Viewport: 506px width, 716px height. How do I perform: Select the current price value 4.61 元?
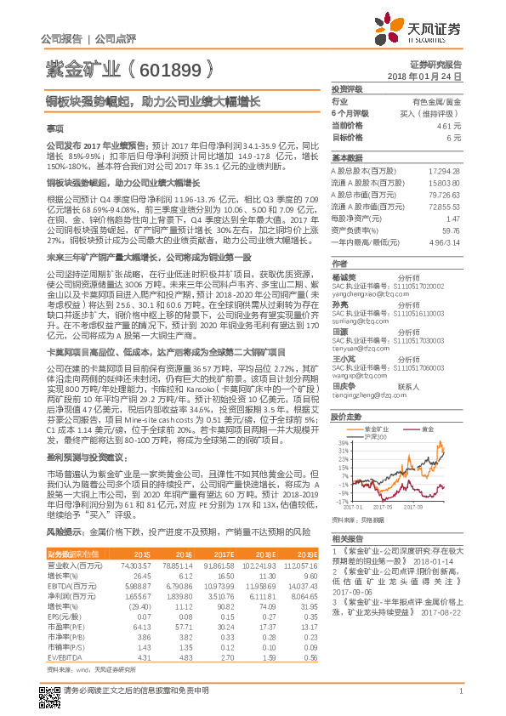(x=450, y=125)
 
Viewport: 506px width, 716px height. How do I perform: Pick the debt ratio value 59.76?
(x=452, y=230)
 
